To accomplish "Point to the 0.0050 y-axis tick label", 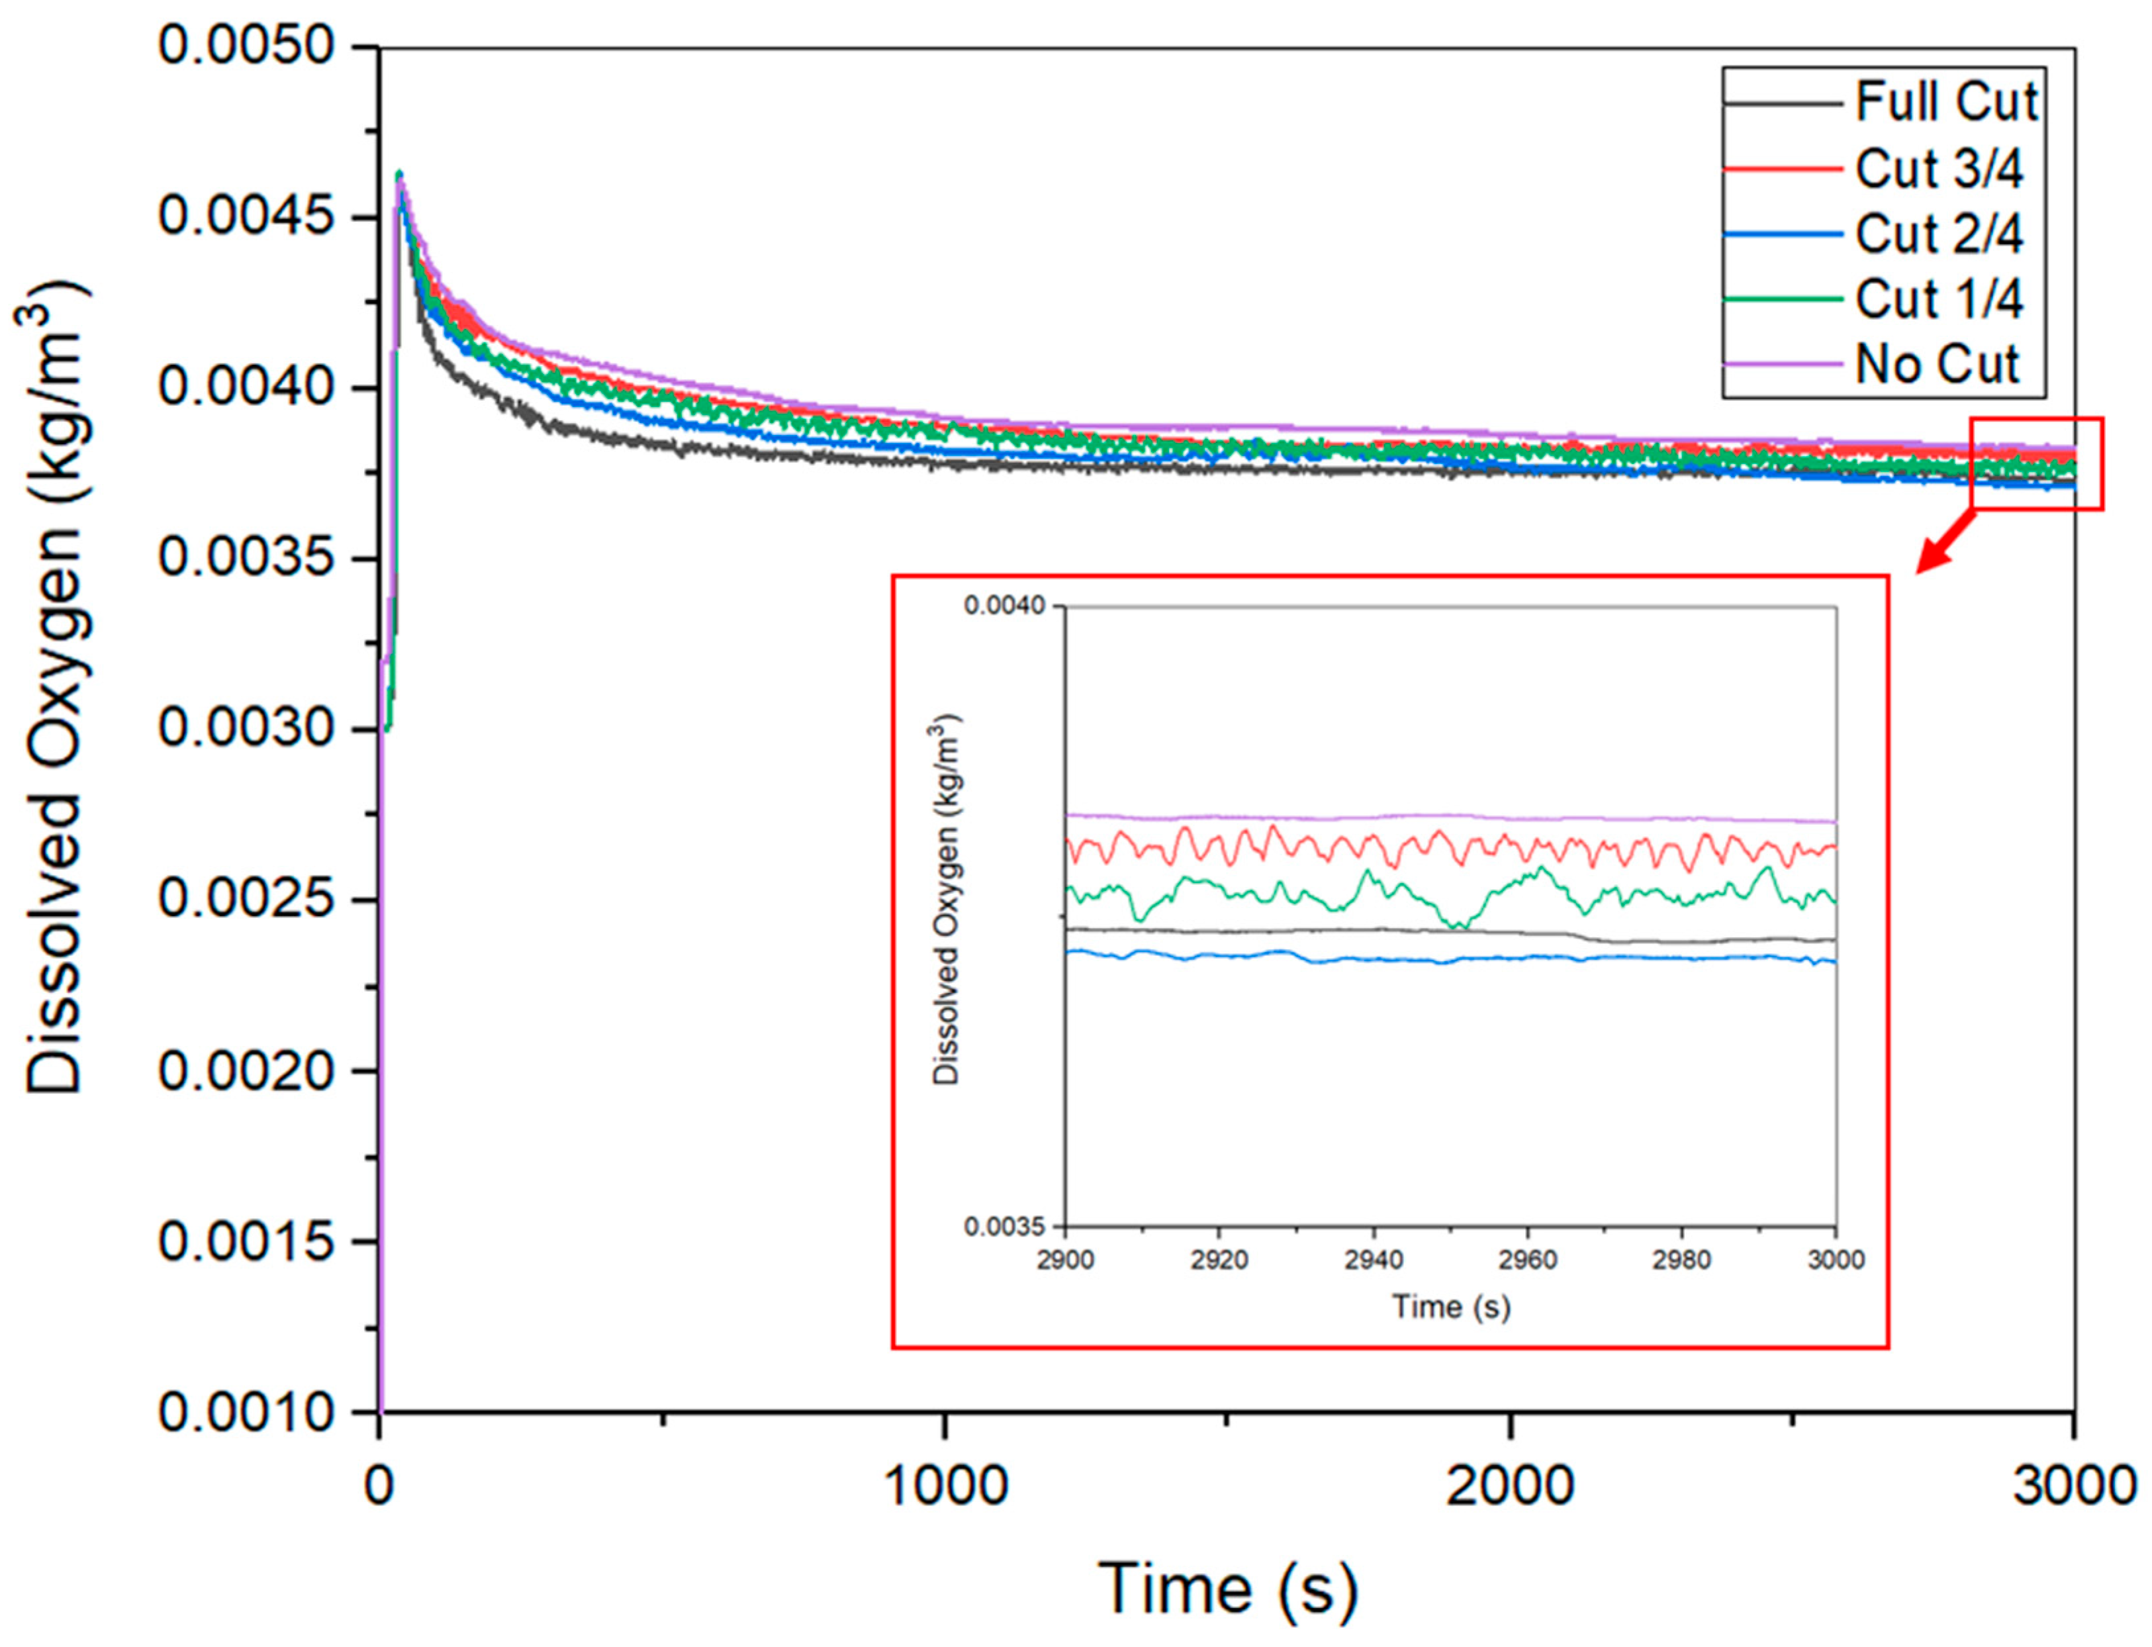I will point(248,46).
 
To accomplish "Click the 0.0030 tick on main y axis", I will point(248,729).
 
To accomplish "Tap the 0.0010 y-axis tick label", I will point(248,1413).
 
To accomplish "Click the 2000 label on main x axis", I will point(1510,1485).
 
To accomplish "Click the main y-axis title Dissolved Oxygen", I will point(54,686).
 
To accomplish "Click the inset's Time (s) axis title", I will point(1450,1306).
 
